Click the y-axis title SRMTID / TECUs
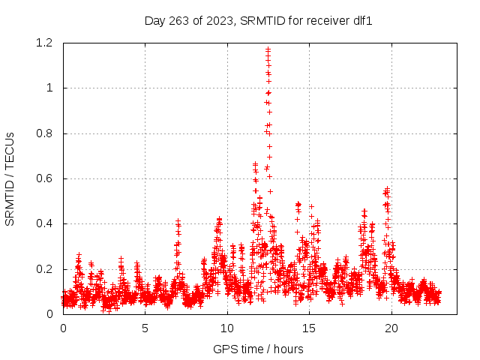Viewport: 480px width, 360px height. click(10, 178)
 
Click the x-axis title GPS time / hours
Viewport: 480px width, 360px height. click(258, 349)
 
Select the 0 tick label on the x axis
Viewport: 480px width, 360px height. click(63, 328)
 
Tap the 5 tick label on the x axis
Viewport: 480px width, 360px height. click(145, 328)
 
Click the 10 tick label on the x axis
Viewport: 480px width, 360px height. click(227, 328)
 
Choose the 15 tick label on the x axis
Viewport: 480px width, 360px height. click(310, 328)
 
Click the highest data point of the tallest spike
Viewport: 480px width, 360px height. click(268, 49)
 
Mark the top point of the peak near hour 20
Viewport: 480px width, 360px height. click(387, 189)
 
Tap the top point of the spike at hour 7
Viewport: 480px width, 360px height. click(178, 221)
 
